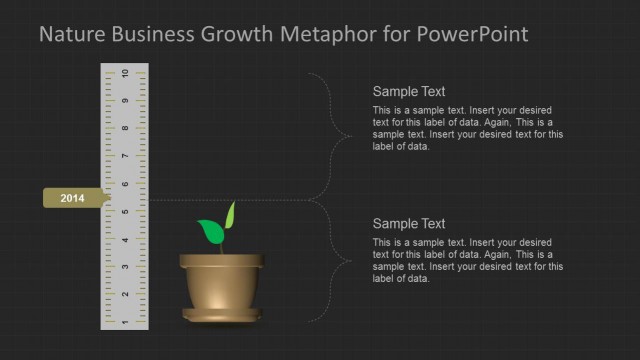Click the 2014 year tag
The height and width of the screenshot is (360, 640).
point(73,199)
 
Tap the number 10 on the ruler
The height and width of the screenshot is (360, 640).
point(124,74)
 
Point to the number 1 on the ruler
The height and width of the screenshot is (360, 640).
point(124,322)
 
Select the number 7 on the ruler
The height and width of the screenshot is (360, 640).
point(124,157)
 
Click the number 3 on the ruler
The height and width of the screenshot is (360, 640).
point(124,267)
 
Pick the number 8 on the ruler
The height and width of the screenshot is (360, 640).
point(124,129)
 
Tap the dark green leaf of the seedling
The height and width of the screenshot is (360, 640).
point(211,232)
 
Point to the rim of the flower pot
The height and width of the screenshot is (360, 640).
point(222,262)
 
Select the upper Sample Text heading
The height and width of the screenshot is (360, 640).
point(408,91)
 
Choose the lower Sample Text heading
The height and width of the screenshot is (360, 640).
point(408,224)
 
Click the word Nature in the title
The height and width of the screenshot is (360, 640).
point(71,35)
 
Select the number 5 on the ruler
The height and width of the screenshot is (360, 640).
point(124,212)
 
